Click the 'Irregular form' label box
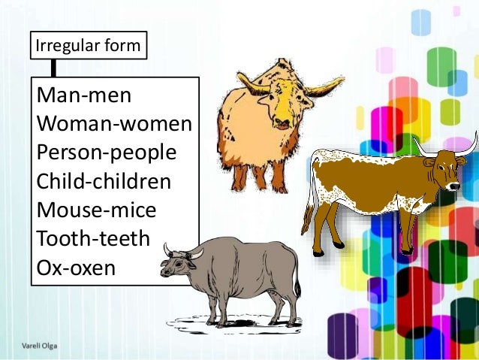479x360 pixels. pyautogui.click(x=87, y=45)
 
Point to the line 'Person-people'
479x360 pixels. pyautogui.click(x=107, y=153)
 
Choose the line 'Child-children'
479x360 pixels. pyautogui.click(x=104, y=181)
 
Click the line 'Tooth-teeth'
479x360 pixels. pyautogui.click(x=93, y=238)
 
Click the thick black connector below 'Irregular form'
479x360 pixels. pyautogui.click(x=53, y=68)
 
